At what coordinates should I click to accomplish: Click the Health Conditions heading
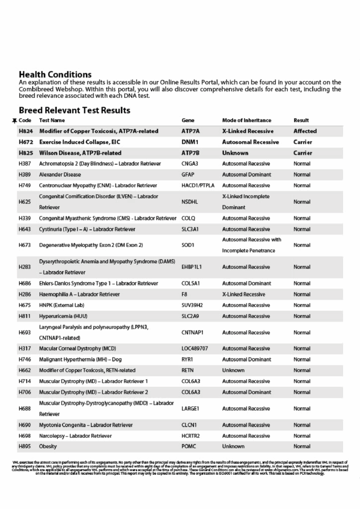(x=55, y=75)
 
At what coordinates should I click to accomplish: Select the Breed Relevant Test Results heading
(x=75, y=110)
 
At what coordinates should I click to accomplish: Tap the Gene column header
(x=188, y=120)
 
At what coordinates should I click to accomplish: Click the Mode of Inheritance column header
(x=247, y=120)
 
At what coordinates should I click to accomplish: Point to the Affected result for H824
(x=305, y=131)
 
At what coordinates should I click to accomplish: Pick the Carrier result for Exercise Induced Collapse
(x=303, y=142)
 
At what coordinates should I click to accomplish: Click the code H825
(x=25, y=153)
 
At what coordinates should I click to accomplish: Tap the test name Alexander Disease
(x=60, y=174)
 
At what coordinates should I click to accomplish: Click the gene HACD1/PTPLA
(x=198, y=185)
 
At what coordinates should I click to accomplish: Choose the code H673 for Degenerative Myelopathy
(x=25, y=245)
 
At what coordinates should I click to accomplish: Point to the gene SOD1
(x=188, y=245)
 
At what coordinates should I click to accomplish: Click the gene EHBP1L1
(x=192, y=267)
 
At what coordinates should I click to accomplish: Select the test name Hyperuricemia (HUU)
(x=62, y=316)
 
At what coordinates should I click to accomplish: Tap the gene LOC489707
(x=195, y=348)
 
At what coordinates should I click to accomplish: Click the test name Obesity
(x=48, y=446)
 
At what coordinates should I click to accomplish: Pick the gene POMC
(x=189, y=446)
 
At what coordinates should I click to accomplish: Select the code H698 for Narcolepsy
(x=25, y=436)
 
